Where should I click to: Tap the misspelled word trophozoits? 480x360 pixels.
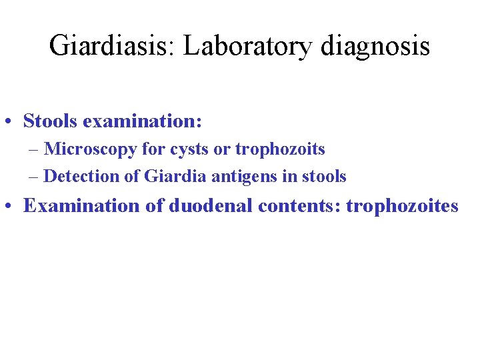click(280, 149)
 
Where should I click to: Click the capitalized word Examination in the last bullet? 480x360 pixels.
click(81, 205)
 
